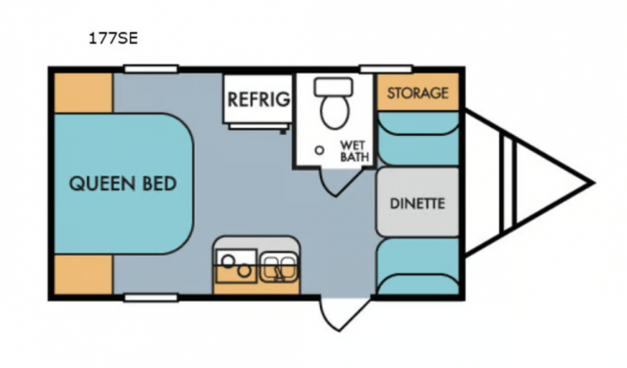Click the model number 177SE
pyautogui.click(x=113, y=38)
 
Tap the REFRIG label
pyautogui.click(x=259, y=100)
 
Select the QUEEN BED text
pyautogui.click(x=123, y=184)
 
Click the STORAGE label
pyautogui.click(x=418, y=93)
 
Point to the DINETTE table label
pyautogui.click(x=417, y=203)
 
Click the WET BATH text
pyautogui.click(x=354, y=151)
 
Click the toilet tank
pyautogui.click(x=334, y=87)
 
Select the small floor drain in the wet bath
pyautogui.click(x=319, y=151)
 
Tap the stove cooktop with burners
pyautogui.click(x=237, y=266)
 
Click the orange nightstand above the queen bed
pyautogui.click(x=83, y=93)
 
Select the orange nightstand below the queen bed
pyautogui.click(x=83, y=275)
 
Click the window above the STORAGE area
pyautogui.click(x=386, y=69)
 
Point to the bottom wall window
pyautogui.click(x=150, y=297)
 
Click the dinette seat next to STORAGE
pyautogui.click(x=418, y=139)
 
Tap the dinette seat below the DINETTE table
pyautogui.click(x=418, y=267)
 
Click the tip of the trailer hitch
pyautogui.click(x=594, y=183)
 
